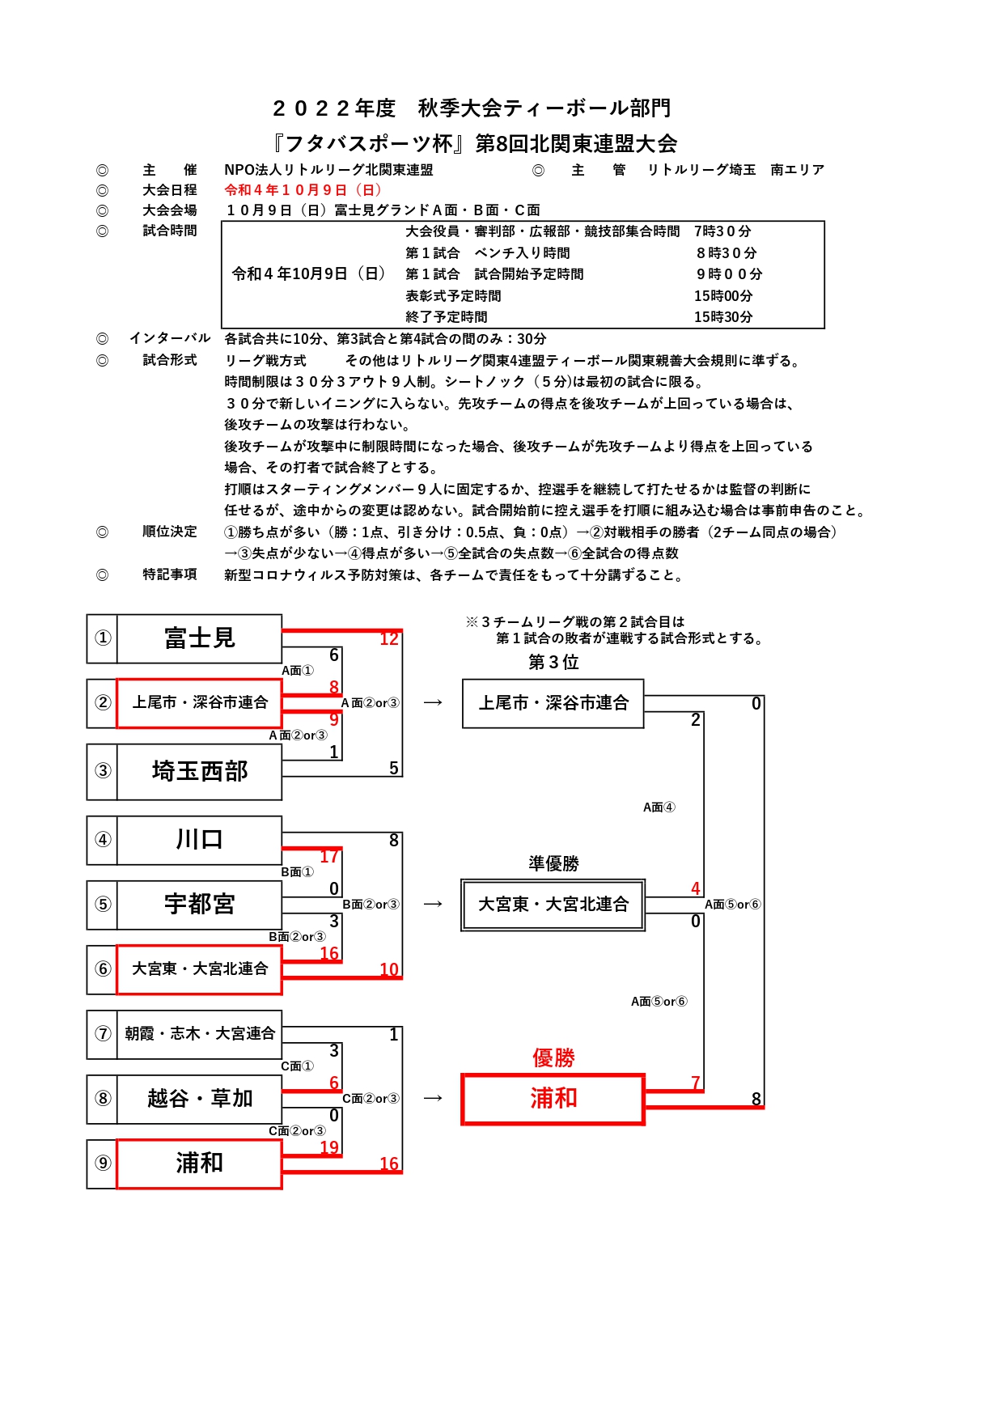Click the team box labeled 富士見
(199, 638)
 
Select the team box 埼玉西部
(199, 772)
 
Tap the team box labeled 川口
(199, 840)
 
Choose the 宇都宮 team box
(199, 905)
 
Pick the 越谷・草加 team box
(199, 1099)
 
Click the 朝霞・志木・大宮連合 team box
(199, 1034)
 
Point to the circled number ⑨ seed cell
(103, 1164)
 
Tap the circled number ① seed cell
(103, 638)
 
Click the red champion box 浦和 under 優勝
(553, 1099)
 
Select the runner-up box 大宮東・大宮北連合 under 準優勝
(553, 905)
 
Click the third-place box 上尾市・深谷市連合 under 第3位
(553, 703)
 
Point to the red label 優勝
(553, 1058)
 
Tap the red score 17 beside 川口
(329, 856)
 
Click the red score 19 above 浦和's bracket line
(329, 1147)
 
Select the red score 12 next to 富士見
(389, 638)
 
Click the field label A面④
(659, 807)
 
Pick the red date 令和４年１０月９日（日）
(303, 190)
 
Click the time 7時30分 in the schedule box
(722, 231)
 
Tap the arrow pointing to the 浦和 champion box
(433, 1098)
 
